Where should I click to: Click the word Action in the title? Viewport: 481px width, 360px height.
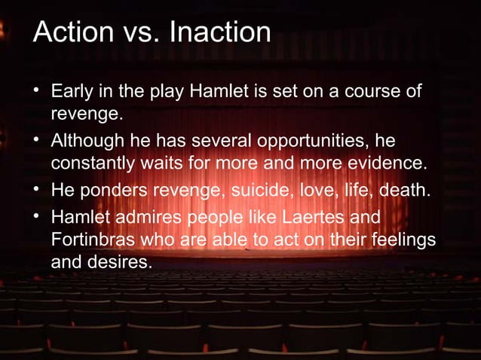69,33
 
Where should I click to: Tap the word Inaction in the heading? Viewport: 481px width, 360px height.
220,33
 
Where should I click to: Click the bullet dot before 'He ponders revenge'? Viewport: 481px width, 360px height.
35,190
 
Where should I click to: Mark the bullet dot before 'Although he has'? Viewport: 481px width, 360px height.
35,142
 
